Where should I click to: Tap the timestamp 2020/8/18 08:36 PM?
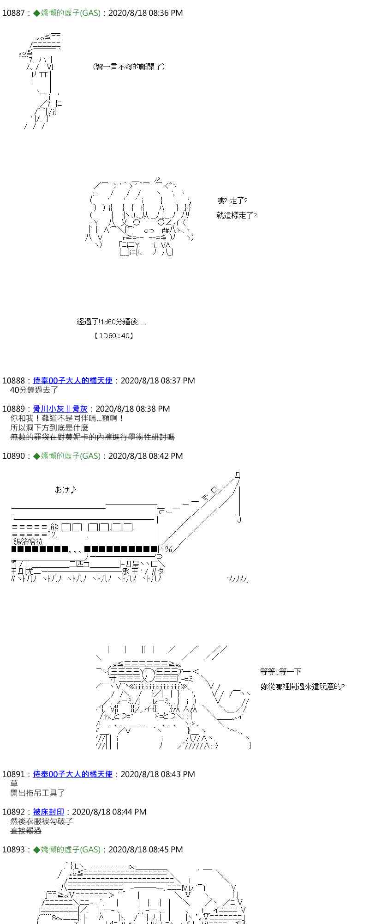(145, 13)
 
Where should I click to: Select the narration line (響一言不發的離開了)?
(129, 67)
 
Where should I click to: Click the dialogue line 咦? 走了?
(232, 201)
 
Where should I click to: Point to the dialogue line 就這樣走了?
(236, 215)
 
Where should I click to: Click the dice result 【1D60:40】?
(113, 336)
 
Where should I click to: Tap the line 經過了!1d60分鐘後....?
(111, 322)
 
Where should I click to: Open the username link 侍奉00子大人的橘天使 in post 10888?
(73, 381)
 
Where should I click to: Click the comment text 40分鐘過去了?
(34, 390)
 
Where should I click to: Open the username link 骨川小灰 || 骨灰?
(60, 409)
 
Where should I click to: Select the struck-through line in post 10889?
(92, 437)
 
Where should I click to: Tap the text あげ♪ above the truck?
(65, 490)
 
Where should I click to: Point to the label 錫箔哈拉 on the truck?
(28, 542)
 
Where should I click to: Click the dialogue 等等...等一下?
(280, 672)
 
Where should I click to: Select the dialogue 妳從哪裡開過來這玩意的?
(302, 687)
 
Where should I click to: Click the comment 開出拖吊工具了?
(38, 793)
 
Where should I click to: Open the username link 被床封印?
(48, 812)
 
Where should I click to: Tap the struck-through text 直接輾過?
(26, 831)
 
